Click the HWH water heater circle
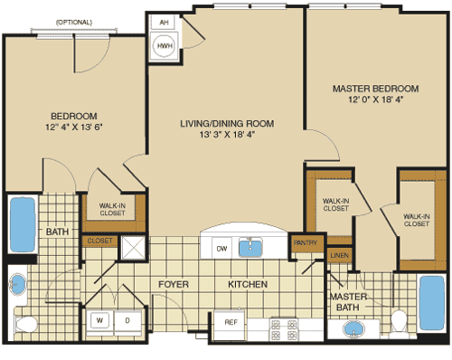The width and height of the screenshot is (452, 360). [165, 44]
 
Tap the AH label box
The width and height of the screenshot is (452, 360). [165, 23]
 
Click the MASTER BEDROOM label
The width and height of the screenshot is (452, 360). [375, 88]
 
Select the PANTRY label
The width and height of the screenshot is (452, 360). [302, 242]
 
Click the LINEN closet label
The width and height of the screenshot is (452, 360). [338, 257]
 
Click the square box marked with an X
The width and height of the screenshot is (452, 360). [134, 246]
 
